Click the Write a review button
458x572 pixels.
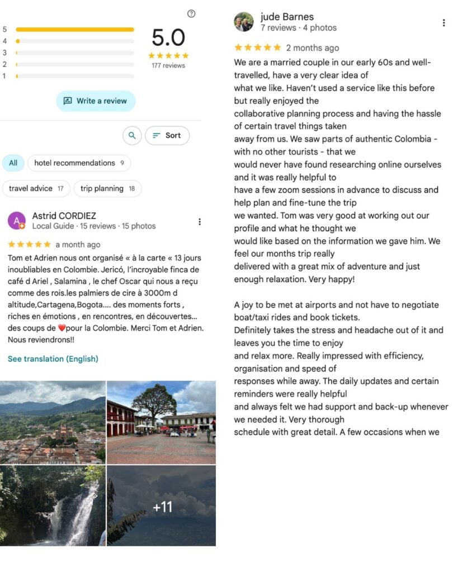click(x=96, y=101)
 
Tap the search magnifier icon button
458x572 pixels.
click(x=132, y=135)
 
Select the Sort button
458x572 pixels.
click(x=167, y=135)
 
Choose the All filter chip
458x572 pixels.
click(x=13, y=163)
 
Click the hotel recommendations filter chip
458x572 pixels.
click(x=79, y=163)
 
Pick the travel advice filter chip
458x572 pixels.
click(x=36, y=189)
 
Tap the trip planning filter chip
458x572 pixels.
click(x=107, y=189)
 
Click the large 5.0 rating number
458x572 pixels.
click(x=168, y=37)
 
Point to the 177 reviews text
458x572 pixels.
click(x=168, y=65)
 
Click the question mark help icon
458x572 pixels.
click(x=191, y=14)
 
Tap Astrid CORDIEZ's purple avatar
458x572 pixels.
click(x=17, y=221)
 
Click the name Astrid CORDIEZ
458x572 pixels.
click(x=64, y=216)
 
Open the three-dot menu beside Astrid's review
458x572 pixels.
click(x=200, y=222)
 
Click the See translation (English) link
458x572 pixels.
click(x=53, y=359)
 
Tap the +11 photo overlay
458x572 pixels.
click(x=161, y=506)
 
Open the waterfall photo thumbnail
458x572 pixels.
click(x=53, y=506)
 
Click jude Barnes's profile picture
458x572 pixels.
click(x=243, y=22)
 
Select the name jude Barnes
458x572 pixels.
click(x=287, y=17)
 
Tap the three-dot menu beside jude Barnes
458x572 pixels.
click(x=443, y=23)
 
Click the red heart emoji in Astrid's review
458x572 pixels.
click(x=62, y=328)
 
